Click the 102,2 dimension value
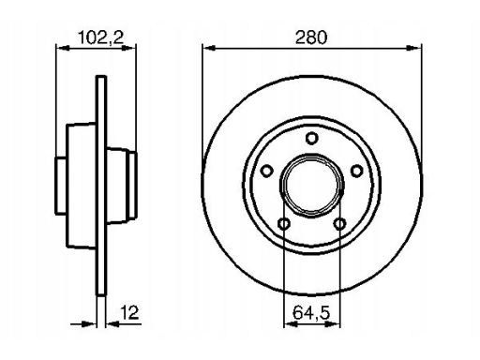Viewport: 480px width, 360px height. pyautogui.click(x=100, y=37)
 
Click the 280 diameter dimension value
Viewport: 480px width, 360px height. pyautogui.click(x=311, y=37)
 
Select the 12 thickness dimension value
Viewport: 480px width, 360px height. pyautogui.click(x=129, y=312)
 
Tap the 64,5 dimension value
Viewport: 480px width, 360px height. pyautogui.click(x=311, y=312)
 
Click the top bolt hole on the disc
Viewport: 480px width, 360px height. pyautogui.click(x=311, y=138)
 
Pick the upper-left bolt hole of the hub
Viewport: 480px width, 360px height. pyautogui.click(x=266, y=171)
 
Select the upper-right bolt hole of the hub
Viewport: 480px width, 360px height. pyautogui.click(x=356, y=171)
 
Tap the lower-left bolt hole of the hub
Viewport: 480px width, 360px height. pyautogui.click(x=284, y=224)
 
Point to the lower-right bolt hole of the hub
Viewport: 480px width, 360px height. pyautogui.click(x=339, y=224)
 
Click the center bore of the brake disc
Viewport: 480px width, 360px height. pyautogui.click(x=311, y=186)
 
